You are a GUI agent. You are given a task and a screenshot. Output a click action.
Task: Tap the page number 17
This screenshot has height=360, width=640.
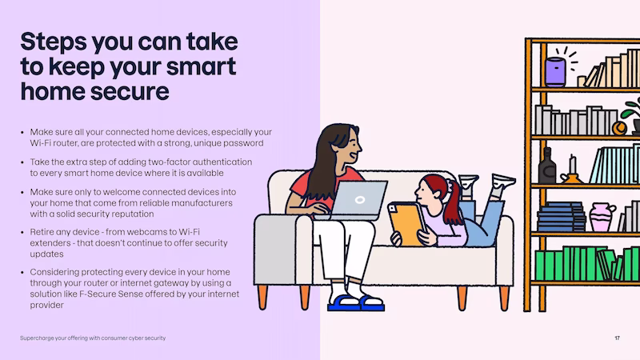pyautogui.click(x=617, y=338)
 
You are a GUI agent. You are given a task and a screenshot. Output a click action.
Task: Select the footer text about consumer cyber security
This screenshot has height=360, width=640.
pyautogui.click(x=93, y=338)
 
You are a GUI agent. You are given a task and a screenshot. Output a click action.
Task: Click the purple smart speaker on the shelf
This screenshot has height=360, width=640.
pyautogui.click(x=555, y=72)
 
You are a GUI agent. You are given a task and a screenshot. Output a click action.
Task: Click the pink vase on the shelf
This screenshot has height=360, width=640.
pyautogui.click(x=602, y=217)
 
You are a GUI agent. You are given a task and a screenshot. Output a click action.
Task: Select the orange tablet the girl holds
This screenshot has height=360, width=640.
pyautogui.click(x=407, y=224)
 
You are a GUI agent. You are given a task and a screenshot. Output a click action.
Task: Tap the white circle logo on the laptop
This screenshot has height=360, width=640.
pyautogui.click(x=359, y=199)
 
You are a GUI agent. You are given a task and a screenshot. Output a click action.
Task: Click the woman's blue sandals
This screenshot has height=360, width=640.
pyautogui.click(x=356, y=303)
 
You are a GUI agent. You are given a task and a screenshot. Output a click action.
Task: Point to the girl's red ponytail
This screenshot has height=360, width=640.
pyautogui.click(x=452, y=203)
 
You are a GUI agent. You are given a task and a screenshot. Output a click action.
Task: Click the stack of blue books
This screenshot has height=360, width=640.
pyautogui.click(x=562, y=217)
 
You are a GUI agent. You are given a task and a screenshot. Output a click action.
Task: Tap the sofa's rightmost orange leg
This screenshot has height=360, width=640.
pyautogui.click(x=504, y=298)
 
